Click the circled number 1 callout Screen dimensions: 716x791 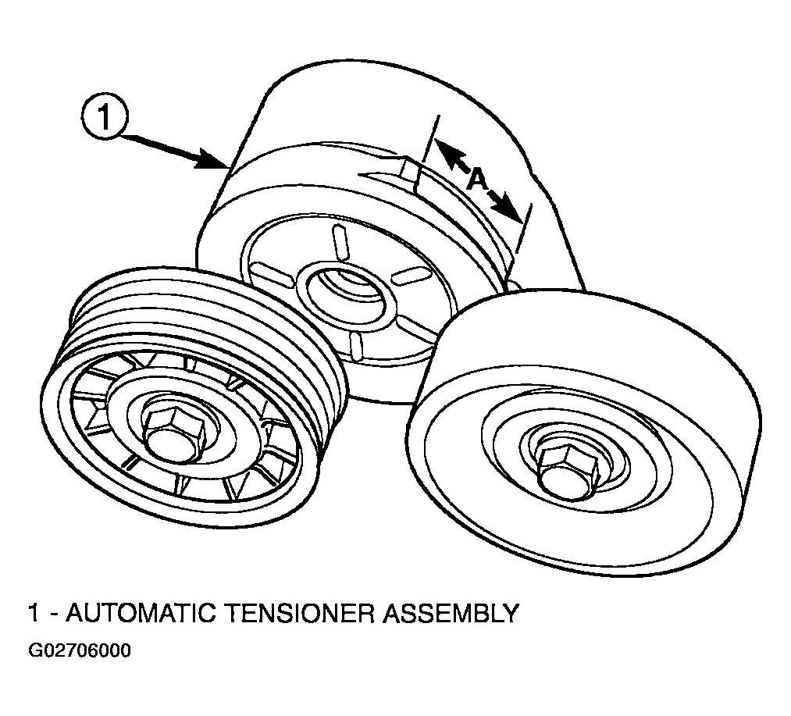coord(102,119)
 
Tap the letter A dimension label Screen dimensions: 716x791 coord(478,180)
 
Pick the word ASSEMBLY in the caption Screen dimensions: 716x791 coord(450,613)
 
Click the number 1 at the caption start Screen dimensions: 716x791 coord(34,613)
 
